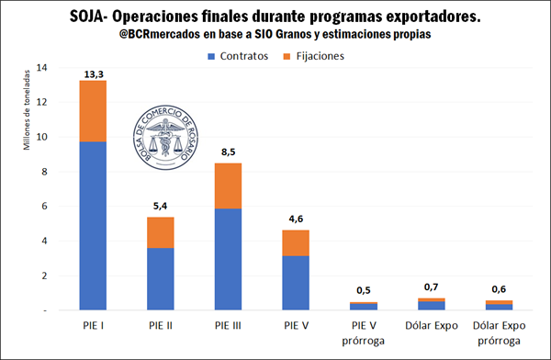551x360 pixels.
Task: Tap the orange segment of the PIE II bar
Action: (x=161, y=232)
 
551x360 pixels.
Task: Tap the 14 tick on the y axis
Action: (x=39, y=68)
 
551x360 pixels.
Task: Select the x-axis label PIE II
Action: (x=161, y=326)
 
